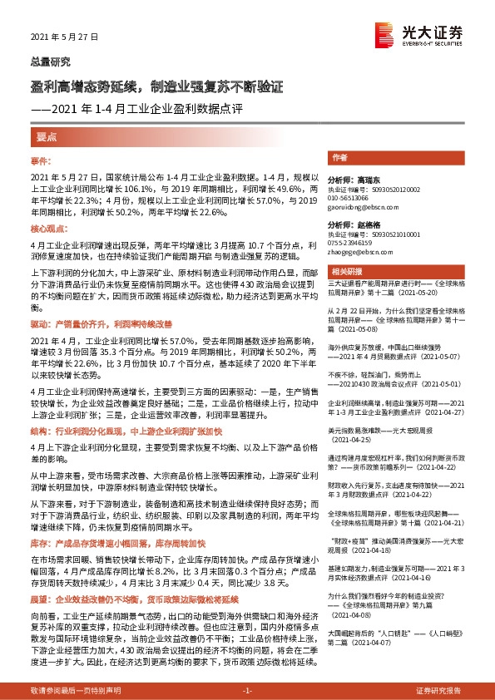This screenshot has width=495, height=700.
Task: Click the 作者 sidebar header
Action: pos(339,157)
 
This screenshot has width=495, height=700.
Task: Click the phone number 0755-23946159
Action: pos(355,244)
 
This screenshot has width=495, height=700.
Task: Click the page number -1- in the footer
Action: pos(247,691)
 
